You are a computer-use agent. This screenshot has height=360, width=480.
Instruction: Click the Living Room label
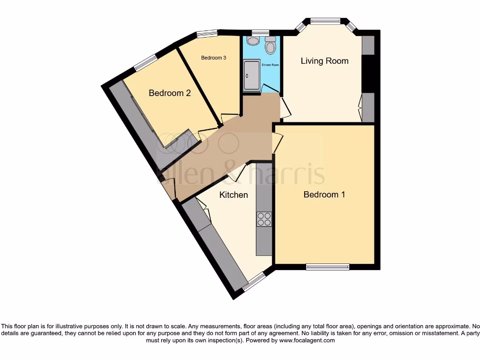pos(324,61)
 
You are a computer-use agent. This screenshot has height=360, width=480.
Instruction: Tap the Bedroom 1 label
pos(324,195)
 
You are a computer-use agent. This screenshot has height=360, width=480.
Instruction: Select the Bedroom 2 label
pos(170,93)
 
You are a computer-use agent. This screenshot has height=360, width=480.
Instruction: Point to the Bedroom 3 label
pos(214,58)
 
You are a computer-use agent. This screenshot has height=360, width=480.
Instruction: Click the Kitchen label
pos(233,195)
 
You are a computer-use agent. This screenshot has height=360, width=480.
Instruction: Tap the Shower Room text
pos(273,65)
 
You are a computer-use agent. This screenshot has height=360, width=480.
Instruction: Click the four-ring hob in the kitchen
pos(264,219)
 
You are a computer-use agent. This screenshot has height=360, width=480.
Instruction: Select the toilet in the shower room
pos(270,46)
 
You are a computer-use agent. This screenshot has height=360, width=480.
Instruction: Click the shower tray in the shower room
pos(252,75)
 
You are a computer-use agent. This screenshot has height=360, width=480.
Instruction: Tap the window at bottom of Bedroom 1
pos(328,267)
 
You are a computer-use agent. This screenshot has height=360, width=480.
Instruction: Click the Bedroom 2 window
pos(145,63)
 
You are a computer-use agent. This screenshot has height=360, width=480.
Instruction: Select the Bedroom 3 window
pos(206,33)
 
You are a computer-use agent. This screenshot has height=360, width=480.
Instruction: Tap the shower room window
pos(257,33)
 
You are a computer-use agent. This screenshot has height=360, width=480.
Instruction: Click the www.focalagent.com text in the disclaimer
pos(307,340)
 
